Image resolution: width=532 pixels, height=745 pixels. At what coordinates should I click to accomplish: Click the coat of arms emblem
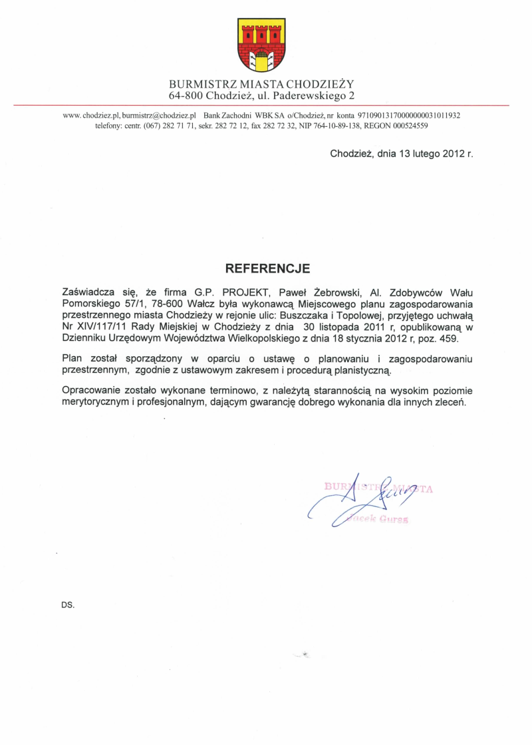click(261, 45)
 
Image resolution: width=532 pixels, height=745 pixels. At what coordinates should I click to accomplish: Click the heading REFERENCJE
click(268, 268)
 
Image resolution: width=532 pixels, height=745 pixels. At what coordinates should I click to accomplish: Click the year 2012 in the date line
click(453, 153)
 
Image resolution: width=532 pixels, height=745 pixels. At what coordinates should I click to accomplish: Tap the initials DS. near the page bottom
click(67, 605)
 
